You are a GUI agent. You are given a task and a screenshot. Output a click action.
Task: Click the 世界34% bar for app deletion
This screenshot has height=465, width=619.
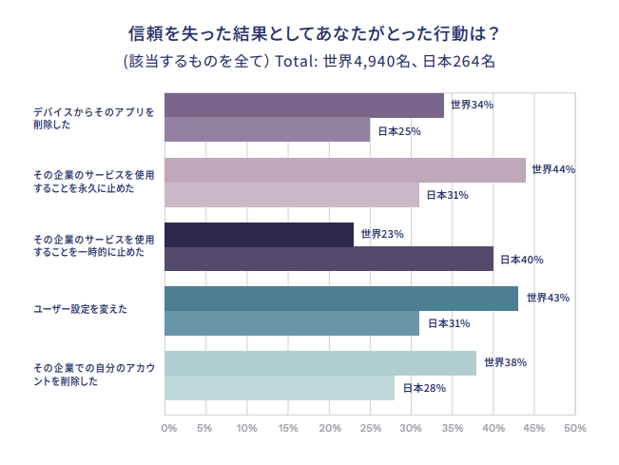[304, 106]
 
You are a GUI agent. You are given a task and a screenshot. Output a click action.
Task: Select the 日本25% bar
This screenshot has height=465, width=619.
[267, 130]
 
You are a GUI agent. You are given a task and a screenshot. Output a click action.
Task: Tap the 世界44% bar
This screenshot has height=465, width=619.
[345, 169]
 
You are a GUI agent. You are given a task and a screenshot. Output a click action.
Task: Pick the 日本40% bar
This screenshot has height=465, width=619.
[329, 259]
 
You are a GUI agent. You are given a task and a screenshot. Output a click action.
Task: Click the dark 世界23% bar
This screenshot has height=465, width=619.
[259, 234]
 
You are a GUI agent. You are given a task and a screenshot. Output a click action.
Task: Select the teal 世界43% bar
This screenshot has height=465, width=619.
[341, 298]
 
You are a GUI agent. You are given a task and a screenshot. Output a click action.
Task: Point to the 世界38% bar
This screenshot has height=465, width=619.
[320, 362]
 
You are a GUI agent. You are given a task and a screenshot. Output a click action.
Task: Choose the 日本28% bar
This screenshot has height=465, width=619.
[280, 388]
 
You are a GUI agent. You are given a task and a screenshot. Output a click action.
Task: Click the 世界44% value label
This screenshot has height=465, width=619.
[553, 169]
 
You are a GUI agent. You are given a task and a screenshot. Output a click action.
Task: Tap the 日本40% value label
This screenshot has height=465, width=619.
[521, 259]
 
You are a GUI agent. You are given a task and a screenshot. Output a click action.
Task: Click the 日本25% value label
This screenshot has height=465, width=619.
[399, 131]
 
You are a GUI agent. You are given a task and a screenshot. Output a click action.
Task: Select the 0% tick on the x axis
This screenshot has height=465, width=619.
[168, 429]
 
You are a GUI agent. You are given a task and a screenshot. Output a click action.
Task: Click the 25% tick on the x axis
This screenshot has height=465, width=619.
[371, 429]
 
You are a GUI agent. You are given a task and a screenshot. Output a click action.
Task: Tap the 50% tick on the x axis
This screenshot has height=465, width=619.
[574, 429]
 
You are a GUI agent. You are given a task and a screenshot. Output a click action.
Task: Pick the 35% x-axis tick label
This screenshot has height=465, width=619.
[452, 429]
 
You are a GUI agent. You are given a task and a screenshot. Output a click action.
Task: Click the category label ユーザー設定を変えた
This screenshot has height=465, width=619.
[81, 310]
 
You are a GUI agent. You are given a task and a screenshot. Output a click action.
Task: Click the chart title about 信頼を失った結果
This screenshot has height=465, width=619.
[314, 32]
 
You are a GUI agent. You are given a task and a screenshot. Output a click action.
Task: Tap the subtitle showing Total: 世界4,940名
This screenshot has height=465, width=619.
[309, 62]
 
